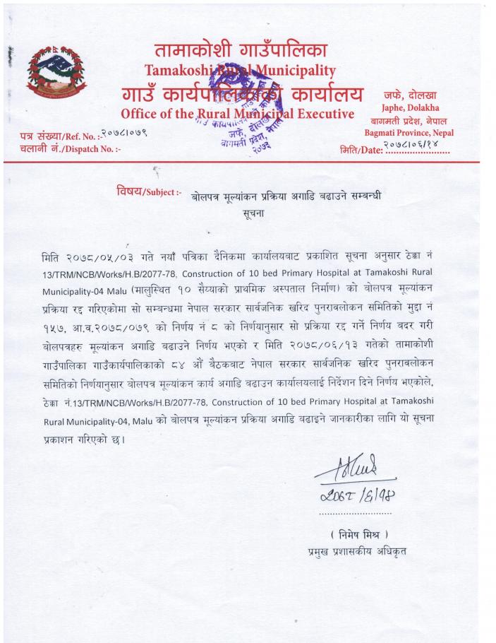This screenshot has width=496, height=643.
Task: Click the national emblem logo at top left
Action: click(48, 71)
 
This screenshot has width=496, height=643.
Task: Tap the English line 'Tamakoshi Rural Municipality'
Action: click(240, 70)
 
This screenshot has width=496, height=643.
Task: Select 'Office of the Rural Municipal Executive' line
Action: click(237, 114)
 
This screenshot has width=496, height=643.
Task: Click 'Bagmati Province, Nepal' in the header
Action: click(409, 132)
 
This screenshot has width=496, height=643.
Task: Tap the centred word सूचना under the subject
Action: click(252, 211)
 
